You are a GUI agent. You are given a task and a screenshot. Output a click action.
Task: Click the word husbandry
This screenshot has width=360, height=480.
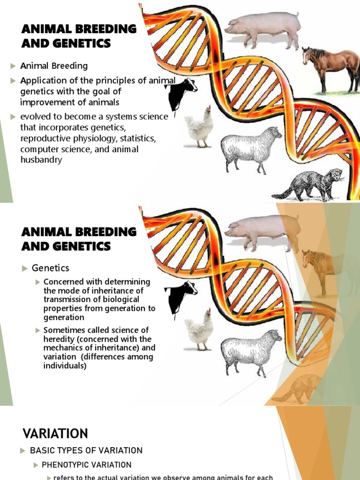pos(41,160)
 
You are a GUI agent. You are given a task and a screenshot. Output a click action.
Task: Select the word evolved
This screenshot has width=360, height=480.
pos(35,117)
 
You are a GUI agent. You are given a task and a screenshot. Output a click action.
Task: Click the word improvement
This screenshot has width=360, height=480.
pos(45,102)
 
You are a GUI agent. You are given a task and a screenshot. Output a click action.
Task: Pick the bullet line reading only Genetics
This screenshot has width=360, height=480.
pos(50,268)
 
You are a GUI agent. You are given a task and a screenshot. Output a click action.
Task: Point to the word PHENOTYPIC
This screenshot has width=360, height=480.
pos(67,465)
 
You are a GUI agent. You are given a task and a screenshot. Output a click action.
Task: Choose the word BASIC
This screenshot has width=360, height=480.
pos(41,450)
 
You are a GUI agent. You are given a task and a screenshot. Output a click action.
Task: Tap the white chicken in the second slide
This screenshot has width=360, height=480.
pos(199,330)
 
